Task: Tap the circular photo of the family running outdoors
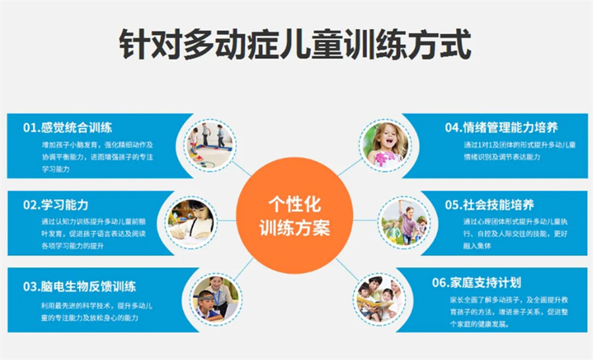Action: (x=404, y=222)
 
